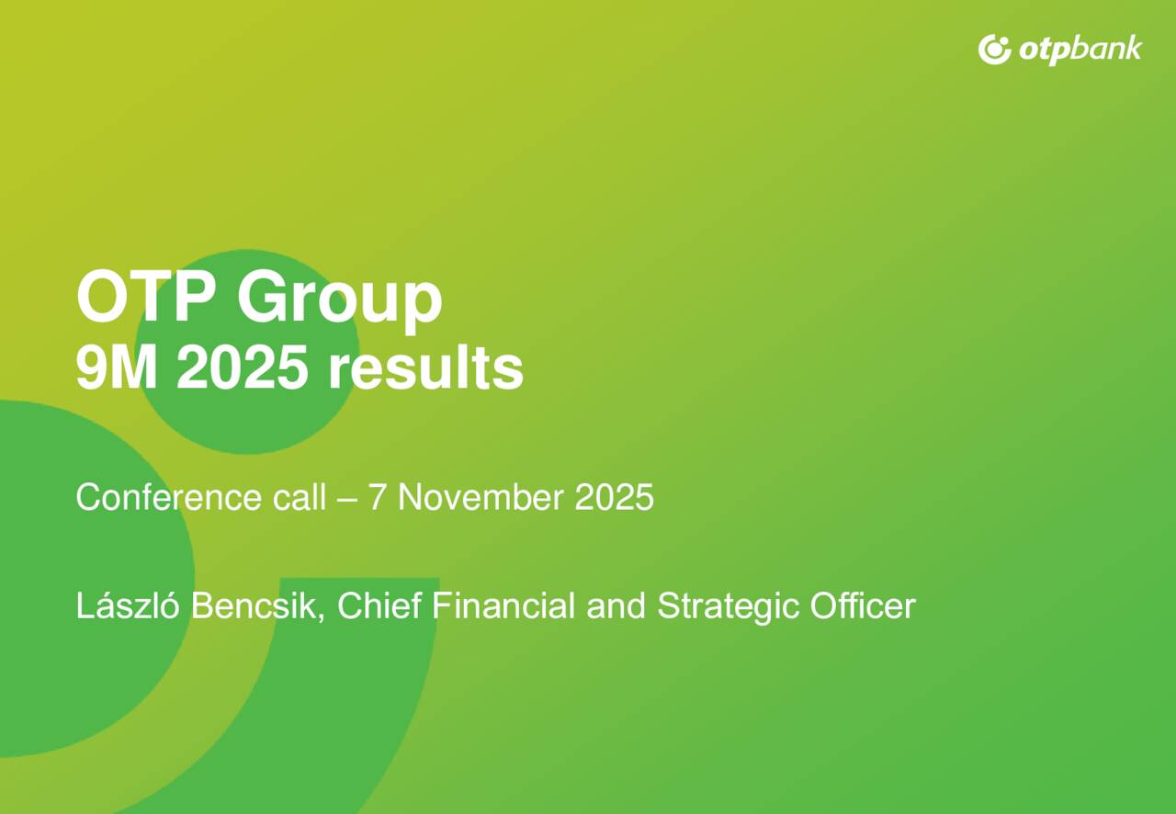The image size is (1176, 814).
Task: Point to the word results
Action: coord(425,369)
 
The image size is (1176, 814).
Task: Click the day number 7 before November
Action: coord(377,498)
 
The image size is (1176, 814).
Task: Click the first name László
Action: coord(129,606)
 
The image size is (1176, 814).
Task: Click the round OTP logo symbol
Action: coord(994,49)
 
